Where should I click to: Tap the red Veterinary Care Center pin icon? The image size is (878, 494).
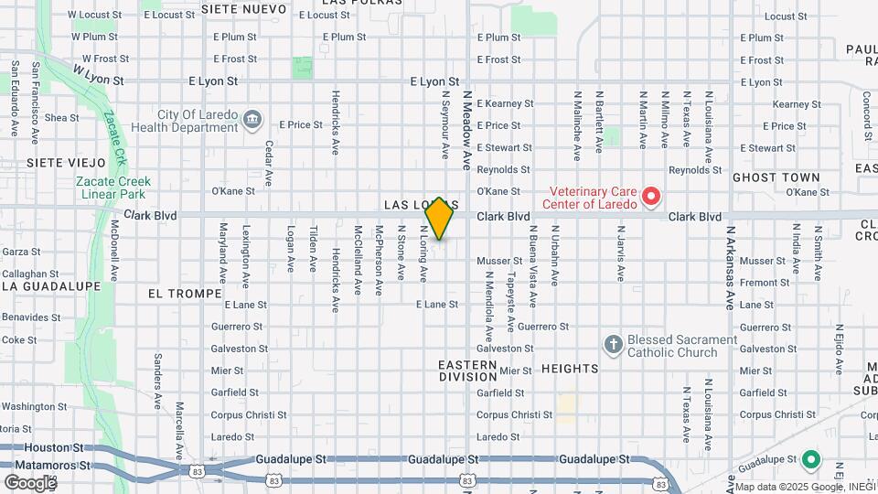point(650,195)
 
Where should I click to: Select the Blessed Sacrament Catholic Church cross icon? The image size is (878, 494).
point(613,345)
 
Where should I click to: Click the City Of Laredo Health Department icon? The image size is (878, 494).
point(252,119)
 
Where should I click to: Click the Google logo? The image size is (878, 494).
point(29,481)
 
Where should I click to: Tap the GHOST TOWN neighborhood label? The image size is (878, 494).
point(776,177)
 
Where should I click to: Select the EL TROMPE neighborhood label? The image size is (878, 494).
point(185,294)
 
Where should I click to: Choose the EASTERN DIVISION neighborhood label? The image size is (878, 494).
point(467,370)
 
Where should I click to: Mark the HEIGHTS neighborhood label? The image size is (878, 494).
point(570,369)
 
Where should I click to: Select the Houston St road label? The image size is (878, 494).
point(54,448)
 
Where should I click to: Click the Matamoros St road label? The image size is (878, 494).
point(46,465)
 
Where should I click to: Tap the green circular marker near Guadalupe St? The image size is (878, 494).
point(809,459)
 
